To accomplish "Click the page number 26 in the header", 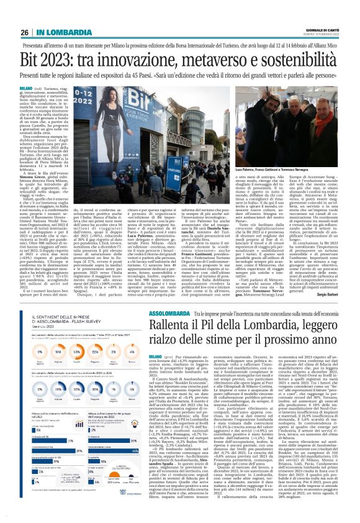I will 24,14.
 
